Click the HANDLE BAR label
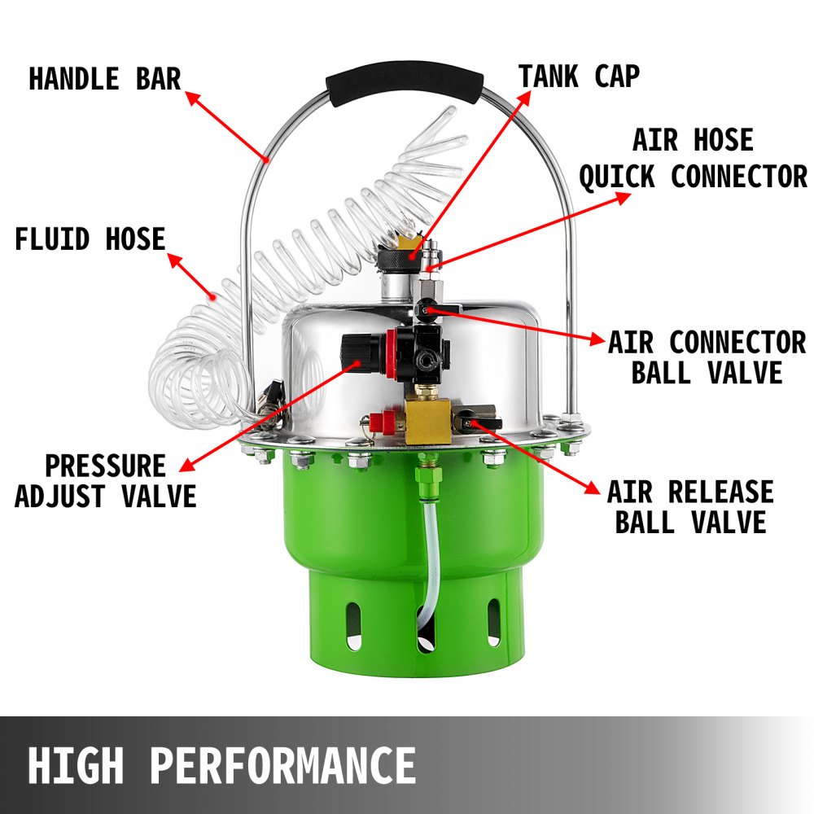pyautogui.click(x=104, y=80)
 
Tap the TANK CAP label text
pyautogui.click(x=579, y=77)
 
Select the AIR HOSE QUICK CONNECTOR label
pyautogui.click(x=692, y=158)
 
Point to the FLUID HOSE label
pyautogui.click(x=90, y=239)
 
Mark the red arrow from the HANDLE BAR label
pyautogui.click(x=227, y=125)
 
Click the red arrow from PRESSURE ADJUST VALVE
pyautogui.click(x=269, y=415)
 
